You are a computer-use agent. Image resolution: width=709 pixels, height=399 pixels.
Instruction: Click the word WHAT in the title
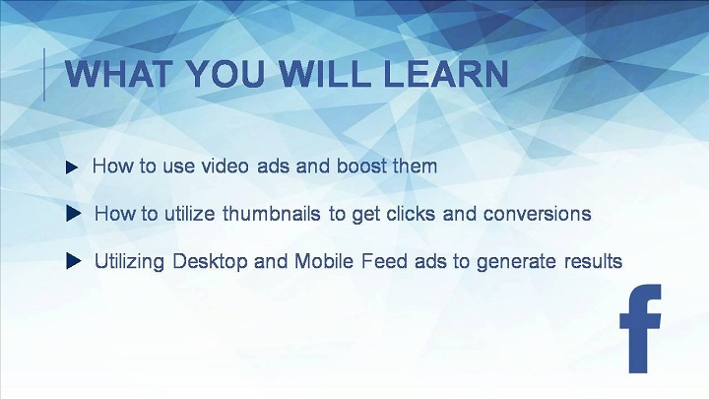[119, 74]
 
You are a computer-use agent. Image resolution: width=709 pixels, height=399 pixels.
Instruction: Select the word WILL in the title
[323, 74]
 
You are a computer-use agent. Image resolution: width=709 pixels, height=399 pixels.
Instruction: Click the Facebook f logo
[640, 329]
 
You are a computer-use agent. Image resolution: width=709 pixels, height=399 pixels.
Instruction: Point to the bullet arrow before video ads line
[72, 167]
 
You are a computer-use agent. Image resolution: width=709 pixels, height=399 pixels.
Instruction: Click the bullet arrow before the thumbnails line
[73, 214]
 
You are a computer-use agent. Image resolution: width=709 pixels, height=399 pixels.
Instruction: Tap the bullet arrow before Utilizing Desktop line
[73, 260]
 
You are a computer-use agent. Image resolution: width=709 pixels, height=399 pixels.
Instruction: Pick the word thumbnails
[272, 214]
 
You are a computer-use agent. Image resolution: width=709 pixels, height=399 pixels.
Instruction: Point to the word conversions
[538, 214]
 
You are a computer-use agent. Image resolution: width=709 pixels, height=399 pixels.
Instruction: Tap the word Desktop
[211, 261]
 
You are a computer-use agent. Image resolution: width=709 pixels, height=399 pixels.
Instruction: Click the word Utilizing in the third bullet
[129, 262]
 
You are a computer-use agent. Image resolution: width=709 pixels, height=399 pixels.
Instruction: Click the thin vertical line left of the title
[44, 75]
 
